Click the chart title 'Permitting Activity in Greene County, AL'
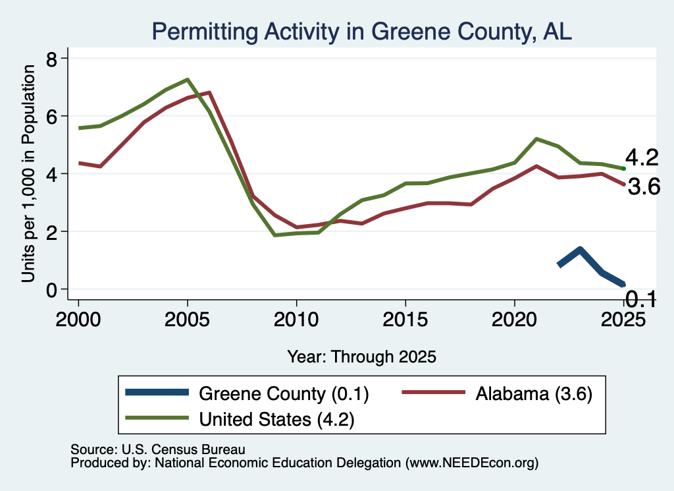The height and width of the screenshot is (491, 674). pyautogui.click(x=361, y=32)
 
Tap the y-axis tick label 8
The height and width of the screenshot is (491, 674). pyautogui.click(x=51, y=59)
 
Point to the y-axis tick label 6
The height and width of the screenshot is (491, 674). pyautogui.click(x=51, y=116)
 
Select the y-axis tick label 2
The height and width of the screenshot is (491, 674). pyautogui.click(x=51, y=231)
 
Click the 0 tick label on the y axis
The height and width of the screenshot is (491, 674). pyautogui.click(x=51, y=289)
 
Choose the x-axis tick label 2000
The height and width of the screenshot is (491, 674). pyautogui.click(x=78, y=319)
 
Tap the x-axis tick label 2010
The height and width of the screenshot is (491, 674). pyautogui.click(x=296, y=319)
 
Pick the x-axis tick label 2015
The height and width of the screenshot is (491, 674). pyautogui.click(x=405, y=319)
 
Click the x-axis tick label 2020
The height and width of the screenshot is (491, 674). pyautogui.click(x=515, y=319)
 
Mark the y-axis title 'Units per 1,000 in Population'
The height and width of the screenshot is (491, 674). pyautogui.click(x=28, y=173)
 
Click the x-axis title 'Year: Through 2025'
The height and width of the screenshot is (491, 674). pyautogui.click(x=361, y=357)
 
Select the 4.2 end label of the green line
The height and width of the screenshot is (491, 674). pyautogui.click(x=642, y=158)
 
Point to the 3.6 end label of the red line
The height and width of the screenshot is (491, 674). pyautogui.click(x=644, y=187)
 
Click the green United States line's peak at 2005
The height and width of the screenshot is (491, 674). pyautogui.click(x=188, y=80)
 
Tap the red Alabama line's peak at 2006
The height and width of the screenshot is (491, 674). pyautogui.click(x=209, y=92)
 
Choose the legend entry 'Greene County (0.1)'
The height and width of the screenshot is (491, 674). pyautogui.click(x=284, y=393)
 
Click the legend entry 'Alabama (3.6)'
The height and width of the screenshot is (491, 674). pyautogui.click(x=534, y=393)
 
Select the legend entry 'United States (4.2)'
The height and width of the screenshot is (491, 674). pyautogui.click(x=277, y=420)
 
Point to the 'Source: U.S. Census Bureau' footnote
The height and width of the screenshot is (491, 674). pyautogui.click(x=158, y=449)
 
